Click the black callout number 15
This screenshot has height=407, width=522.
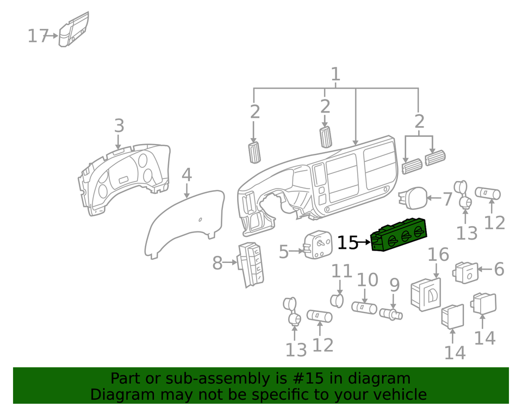tap(348, 242)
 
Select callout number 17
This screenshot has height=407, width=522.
tap(39, 36)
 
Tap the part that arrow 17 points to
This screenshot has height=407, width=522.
tap(73, 32)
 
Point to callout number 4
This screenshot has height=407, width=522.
tap(187, 175)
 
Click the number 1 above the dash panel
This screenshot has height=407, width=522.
tap(335, 74)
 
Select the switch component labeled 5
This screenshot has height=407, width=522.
tap(319, 246)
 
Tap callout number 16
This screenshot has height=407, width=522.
tap(438, 254)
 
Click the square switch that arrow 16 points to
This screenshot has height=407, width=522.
tap(426, 295)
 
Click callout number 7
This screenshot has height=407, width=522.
tap(447, 199)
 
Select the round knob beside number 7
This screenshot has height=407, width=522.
tap(413, 197)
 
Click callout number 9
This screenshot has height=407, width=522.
tap(394, 285)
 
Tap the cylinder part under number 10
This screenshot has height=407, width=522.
tap(364, 308)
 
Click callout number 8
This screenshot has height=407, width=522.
tap(217, 264)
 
